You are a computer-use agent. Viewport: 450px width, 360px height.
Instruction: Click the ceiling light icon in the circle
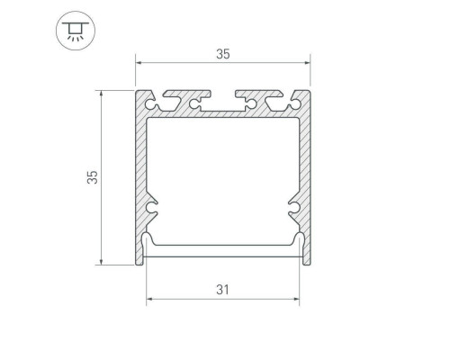76,31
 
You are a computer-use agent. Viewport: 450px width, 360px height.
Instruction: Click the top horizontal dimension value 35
223,54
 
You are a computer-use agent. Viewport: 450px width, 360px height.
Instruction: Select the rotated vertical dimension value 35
93,177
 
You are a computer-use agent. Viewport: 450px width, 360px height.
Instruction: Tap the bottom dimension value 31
222,290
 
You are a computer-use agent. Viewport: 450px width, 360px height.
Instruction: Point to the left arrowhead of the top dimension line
139,63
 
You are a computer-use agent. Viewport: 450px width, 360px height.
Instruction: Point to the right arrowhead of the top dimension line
307,63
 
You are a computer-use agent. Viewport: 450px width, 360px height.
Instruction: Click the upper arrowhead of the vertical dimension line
101,93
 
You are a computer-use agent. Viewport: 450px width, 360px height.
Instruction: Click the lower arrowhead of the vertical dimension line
101,262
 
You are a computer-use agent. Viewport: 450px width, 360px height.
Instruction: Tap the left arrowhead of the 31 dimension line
149,299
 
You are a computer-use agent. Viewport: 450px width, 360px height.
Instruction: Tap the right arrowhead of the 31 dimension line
296,299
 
